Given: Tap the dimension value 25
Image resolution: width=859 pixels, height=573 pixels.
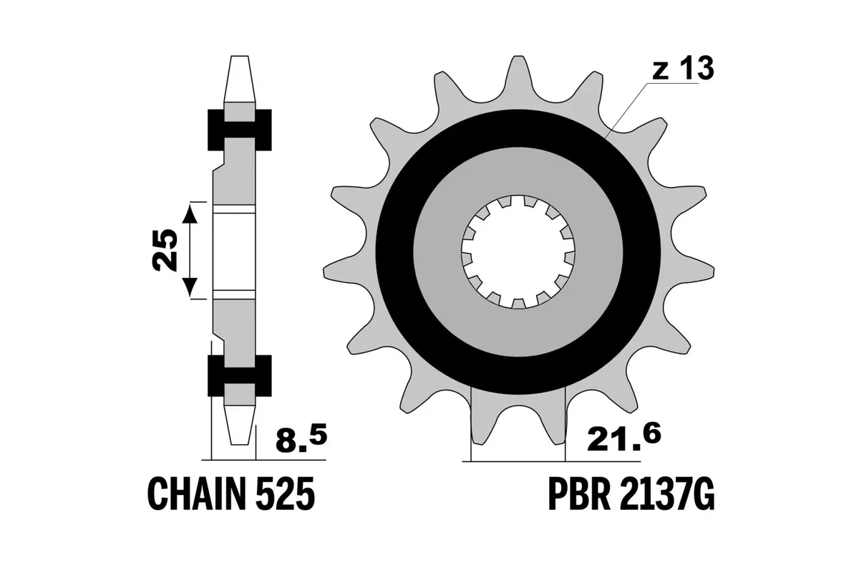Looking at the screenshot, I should (x=165, y=250).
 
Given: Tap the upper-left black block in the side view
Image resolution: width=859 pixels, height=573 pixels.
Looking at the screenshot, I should (x=215, y=130).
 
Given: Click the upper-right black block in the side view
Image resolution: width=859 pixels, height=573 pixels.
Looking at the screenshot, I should (x=263, y=130).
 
